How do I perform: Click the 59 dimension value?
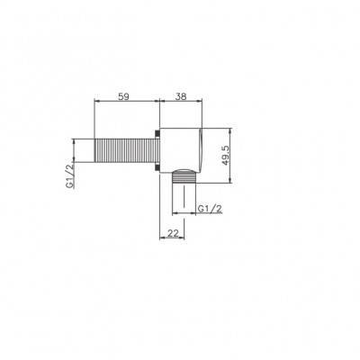(x=123, y=96)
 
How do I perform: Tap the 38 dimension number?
(x=181, y=96)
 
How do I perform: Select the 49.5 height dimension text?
(x=226, y=156)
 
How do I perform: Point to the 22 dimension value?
(x=173, y=233)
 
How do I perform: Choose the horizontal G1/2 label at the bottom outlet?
(x=210, y=209)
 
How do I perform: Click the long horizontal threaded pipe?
(x=125, y=150)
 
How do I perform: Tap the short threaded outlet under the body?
(x=184, y=177)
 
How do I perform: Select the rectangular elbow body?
(x=181, y=150)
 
